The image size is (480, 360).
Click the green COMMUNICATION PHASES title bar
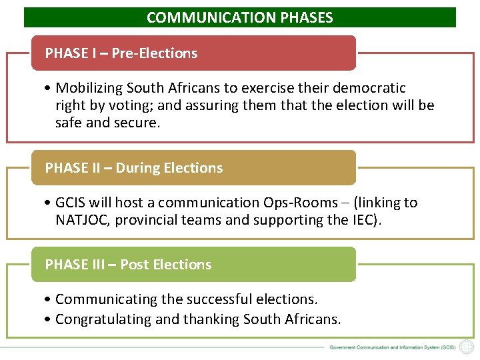click(x=240, y=17)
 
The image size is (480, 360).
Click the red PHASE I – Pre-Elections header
click(x=193, y=53)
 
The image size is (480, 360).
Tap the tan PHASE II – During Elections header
click(x=193, y=168)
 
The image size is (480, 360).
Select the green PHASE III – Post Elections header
click(x=193, y=265)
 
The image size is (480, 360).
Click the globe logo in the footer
click(x=467, y=347)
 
